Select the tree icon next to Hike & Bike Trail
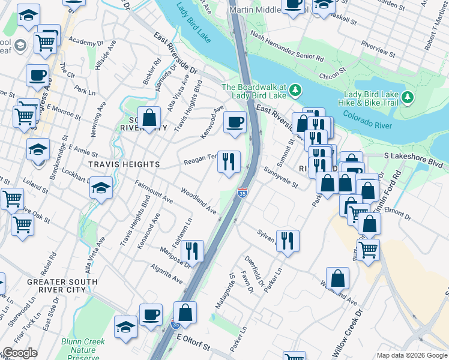click(x=408, y=96)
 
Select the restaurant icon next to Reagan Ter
click(x=229, y=162)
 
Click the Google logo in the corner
click(x=20, y=353)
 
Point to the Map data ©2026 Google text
click(x=412, y=355)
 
